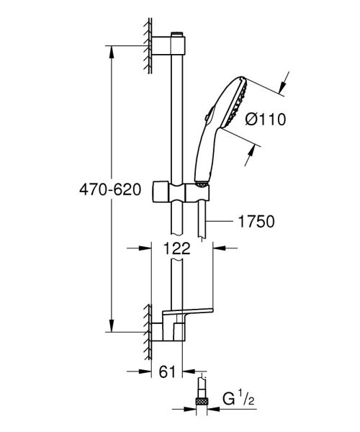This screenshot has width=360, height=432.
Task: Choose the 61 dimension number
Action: [x=167, y=372]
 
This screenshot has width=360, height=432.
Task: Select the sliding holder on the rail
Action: [x=186, y=192]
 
